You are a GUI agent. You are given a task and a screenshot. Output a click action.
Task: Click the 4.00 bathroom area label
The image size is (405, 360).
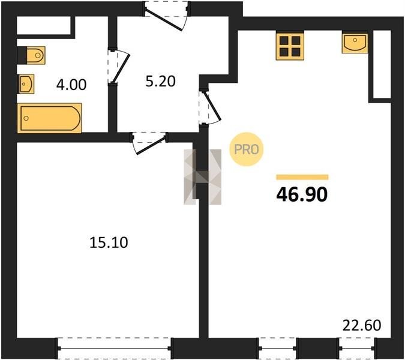click(71, 85)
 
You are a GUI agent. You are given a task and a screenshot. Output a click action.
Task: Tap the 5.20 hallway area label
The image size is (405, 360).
click(160, 82)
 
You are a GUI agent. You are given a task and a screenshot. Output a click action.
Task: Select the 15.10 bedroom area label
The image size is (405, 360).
click(109, 243)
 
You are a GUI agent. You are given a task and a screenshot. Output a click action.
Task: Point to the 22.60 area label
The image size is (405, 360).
click(362, 325)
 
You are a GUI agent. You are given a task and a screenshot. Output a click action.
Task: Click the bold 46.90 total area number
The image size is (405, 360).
click(302, 194)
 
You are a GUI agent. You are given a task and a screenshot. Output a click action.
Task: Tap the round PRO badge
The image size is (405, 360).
click(247, 149)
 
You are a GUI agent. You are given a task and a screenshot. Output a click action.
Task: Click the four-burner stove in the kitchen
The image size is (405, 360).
click(290, 46)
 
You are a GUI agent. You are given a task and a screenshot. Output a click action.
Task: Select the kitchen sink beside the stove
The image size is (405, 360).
click(355, 43)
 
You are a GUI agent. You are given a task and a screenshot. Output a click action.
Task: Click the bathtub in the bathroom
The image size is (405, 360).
click(50, 118)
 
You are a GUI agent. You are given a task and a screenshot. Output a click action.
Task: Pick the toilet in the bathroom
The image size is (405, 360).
click(31, 55)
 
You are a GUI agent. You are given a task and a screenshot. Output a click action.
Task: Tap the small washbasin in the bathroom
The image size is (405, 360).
click(26, 84)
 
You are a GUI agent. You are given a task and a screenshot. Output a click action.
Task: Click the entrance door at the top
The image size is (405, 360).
click(167, 16)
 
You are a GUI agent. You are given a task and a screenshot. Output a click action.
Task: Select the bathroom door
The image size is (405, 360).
click(118, 67)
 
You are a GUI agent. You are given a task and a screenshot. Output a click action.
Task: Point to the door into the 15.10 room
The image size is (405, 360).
click(149, 143)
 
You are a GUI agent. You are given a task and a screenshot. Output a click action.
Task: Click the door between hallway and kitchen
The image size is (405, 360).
click(209, 107)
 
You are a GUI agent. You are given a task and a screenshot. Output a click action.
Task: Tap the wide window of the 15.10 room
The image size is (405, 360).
click(114, 349)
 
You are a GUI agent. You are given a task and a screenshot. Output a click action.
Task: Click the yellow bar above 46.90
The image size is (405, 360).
click(302, 177)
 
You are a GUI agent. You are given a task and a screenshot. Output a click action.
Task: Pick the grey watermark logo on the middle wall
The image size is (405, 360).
click(203, 177)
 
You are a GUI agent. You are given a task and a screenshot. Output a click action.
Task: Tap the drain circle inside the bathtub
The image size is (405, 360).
click(26, 118)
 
